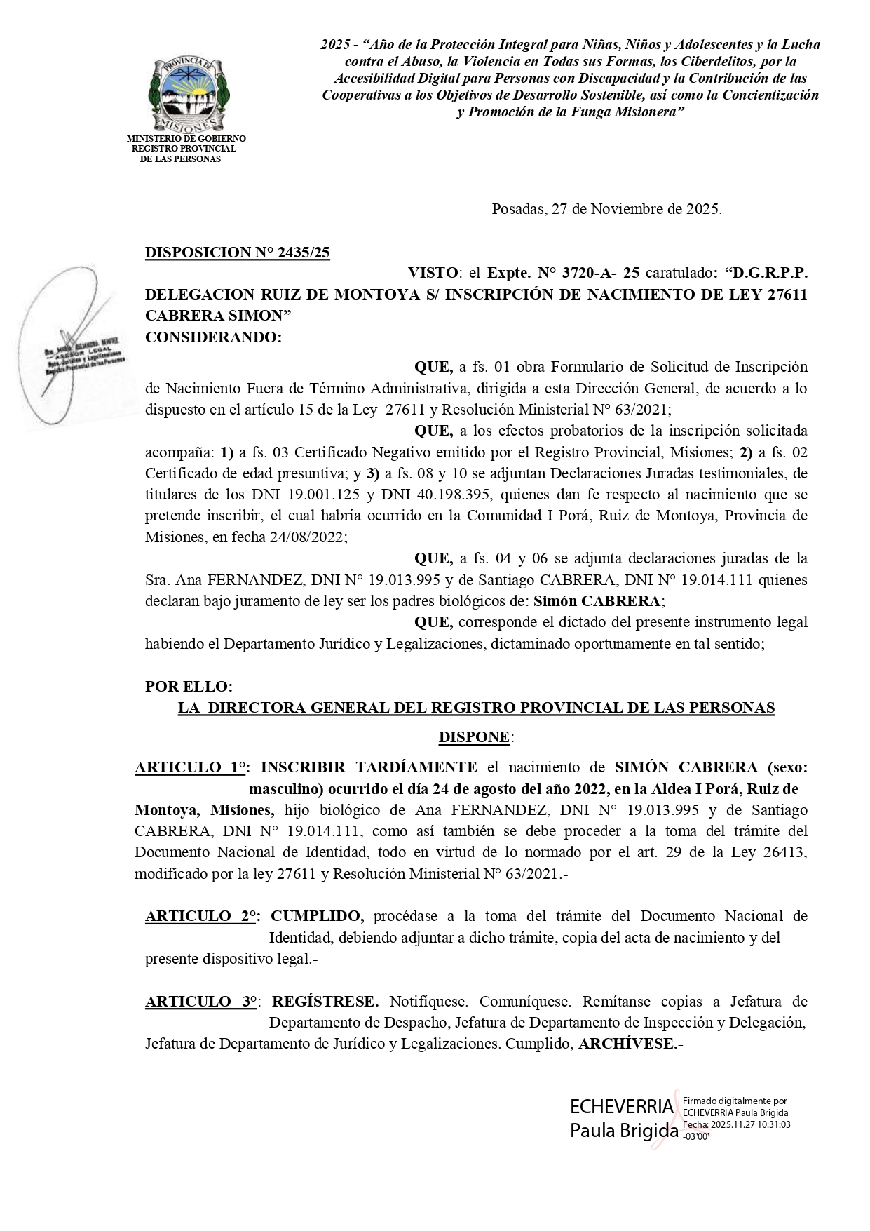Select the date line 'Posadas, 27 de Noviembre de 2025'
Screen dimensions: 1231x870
tap(606, 209)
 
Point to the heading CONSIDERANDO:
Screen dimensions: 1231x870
tap(213, 337)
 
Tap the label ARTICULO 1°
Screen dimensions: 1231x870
tap(189, 767)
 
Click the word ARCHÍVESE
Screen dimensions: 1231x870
tap(627, 1044)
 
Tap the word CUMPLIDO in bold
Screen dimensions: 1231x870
tap(317, 916)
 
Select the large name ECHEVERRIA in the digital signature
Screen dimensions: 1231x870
tap(621, 1108)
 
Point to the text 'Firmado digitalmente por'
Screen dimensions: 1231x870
tap(735, 1102)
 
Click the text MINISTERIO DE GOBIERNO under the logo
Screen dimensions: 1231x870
tap(186, 139)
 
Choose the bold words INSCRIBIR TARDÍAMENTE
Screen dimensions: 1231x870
tap(369, 767)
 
